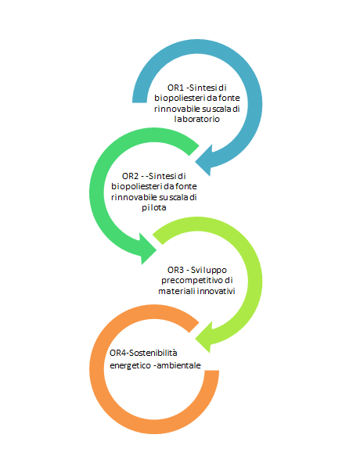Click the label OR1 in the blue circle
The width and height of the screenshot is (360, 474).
click(x=175, y=88)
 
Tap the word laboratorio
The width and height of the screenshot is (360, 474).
click(x=197, y=119)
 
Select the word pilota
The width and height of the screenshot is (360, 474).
click(x=154, y=208)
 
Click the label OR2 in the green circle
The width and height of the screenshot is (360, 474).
click(x=130, y=176)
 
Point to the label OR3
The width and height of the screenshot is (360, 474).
click(x=175, y=270)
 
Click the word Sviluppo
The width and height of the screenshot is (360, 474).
click(x=209, y=271)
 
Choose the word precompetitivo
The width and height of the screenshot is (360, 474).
click(x=192, y=281)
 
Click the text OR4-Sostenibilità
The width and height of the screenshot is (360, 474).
click(x=143, y=353)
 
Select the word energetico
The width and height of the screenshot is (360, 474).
click(x=131, y=366)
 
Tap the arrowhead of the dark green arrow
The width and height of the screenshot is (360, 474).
click(x=146, y=249)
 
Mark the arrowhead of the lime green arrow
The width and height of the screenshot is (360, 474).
click(x=206, y=338)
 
